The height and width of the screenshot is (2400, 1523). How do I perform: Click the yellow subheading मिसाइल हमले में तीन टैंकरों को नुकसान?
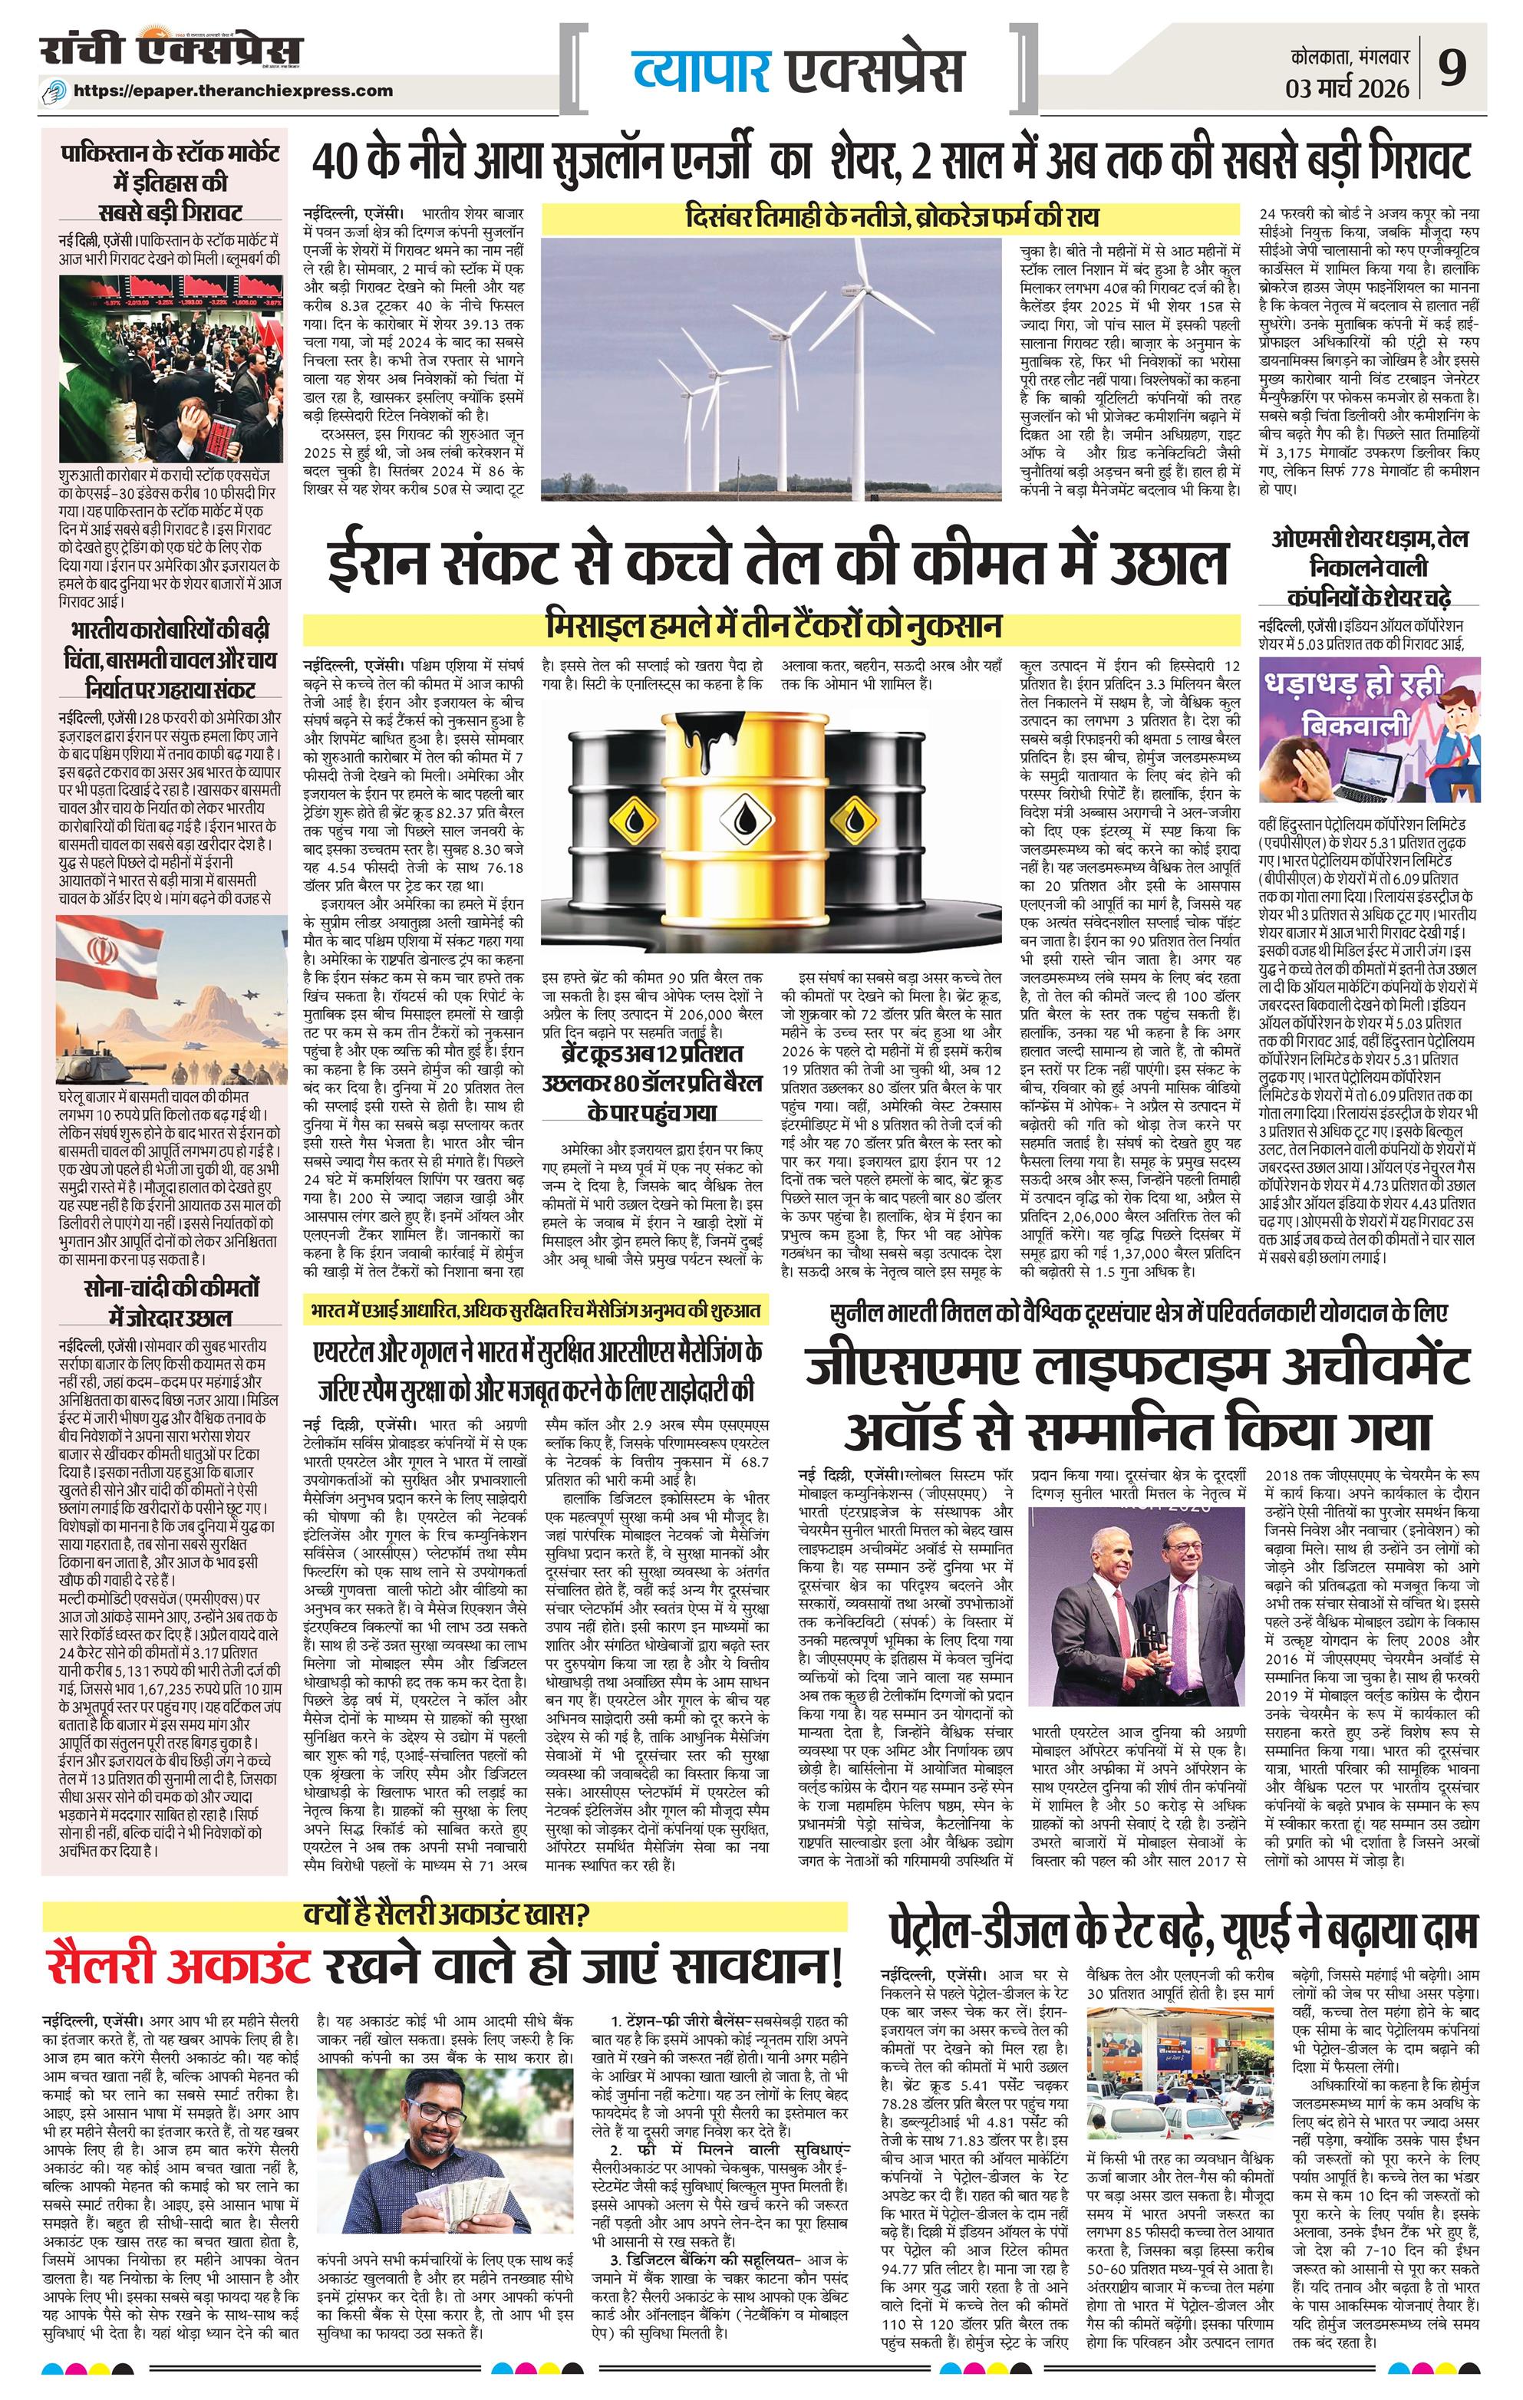[x=773, y=626]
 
